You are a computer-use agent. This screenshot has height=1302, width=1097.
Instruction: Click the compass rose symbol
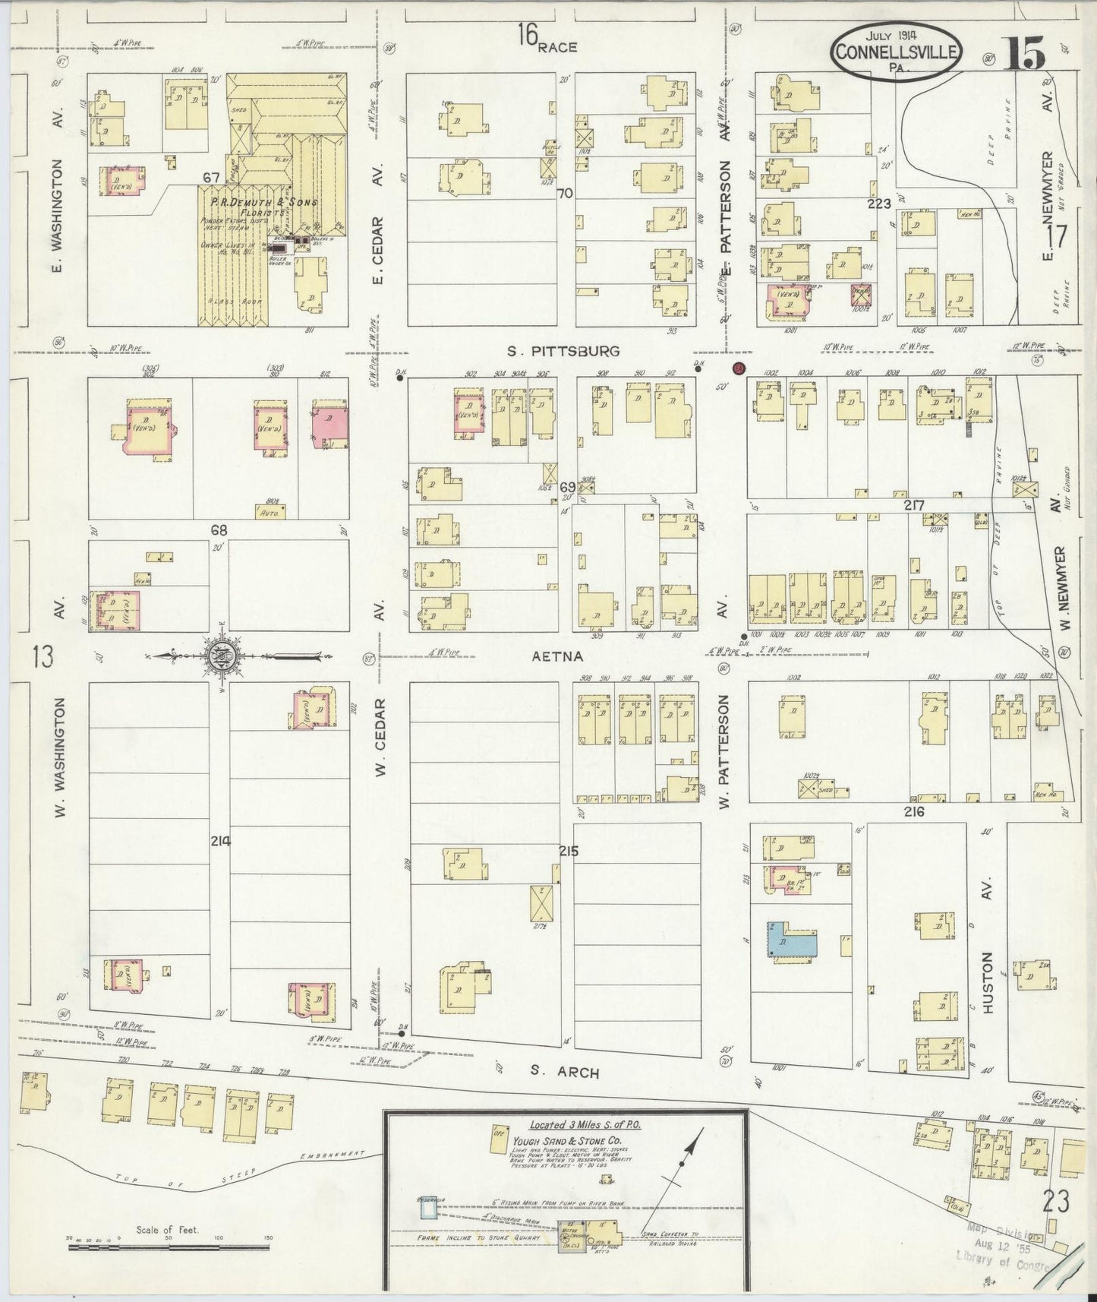coord(220,656)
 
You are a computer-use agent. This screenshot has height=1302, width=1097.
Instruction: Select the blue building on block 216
coord(792,940)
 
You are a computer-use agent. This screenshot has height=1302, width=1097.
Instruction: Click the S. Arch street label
coord(565,1073)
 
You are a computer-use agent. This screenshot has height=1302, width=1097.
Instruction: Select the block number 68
coord(219,531)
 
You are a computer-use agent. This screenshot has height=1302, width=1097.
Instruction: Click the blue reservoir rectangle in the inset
coord(426,1206)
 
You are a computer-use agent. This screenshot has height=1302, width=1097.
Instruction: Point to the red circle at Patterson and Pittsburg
coord(739,368)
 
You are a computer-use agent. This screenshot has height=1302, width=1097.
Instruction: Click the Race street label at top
coord(557,47)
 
